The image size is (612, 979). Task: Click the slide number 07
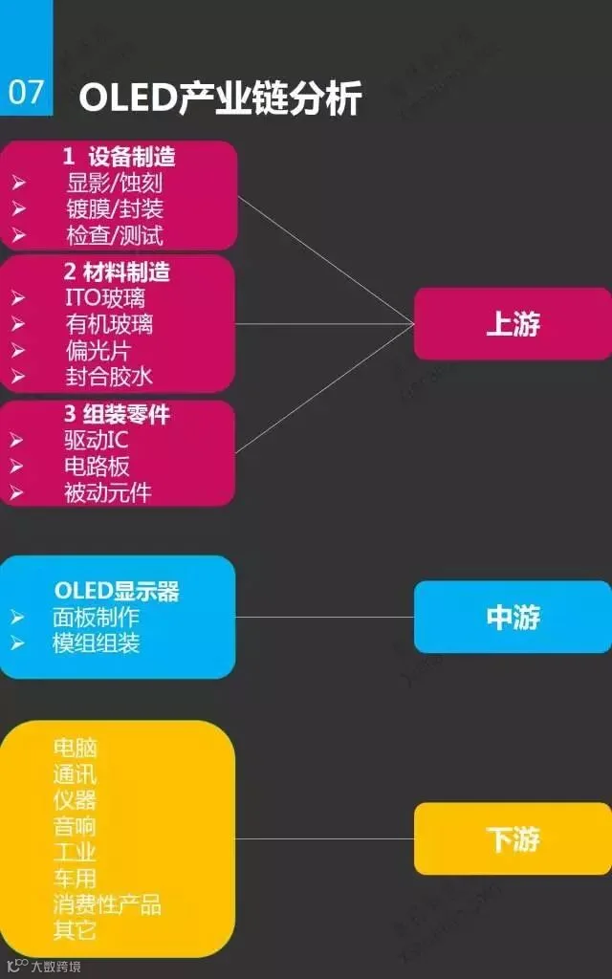click(x=26, y=92)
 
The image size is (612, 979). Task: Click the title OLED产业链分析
click(x=220, y=98)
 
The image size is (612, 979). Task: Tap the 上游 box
click(x=513, y=324)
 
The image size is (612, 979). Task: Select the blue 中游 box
click(x=513, y=618)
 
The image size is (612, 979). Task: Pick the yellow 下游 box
click(x=513, y=838)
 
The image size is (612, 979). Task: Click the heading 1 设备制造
click(x=119, y=156)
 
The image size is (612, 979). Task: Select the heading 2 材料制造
click(x=118, y=272)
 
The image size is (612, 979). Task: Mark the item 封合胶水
click(x=108, y=376)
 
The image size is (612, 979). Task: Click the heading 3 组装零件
click(x=118, y=415)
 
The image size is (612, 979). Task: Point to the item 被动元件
click(x=107, y=492)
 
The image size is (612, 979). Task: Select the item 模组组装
click(x=96, y=642)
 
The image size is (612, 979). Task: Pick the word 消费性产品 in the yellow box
click(x=107, y=903)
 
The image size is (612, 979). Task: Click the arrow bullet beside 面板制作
click(x=17, y=618)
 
